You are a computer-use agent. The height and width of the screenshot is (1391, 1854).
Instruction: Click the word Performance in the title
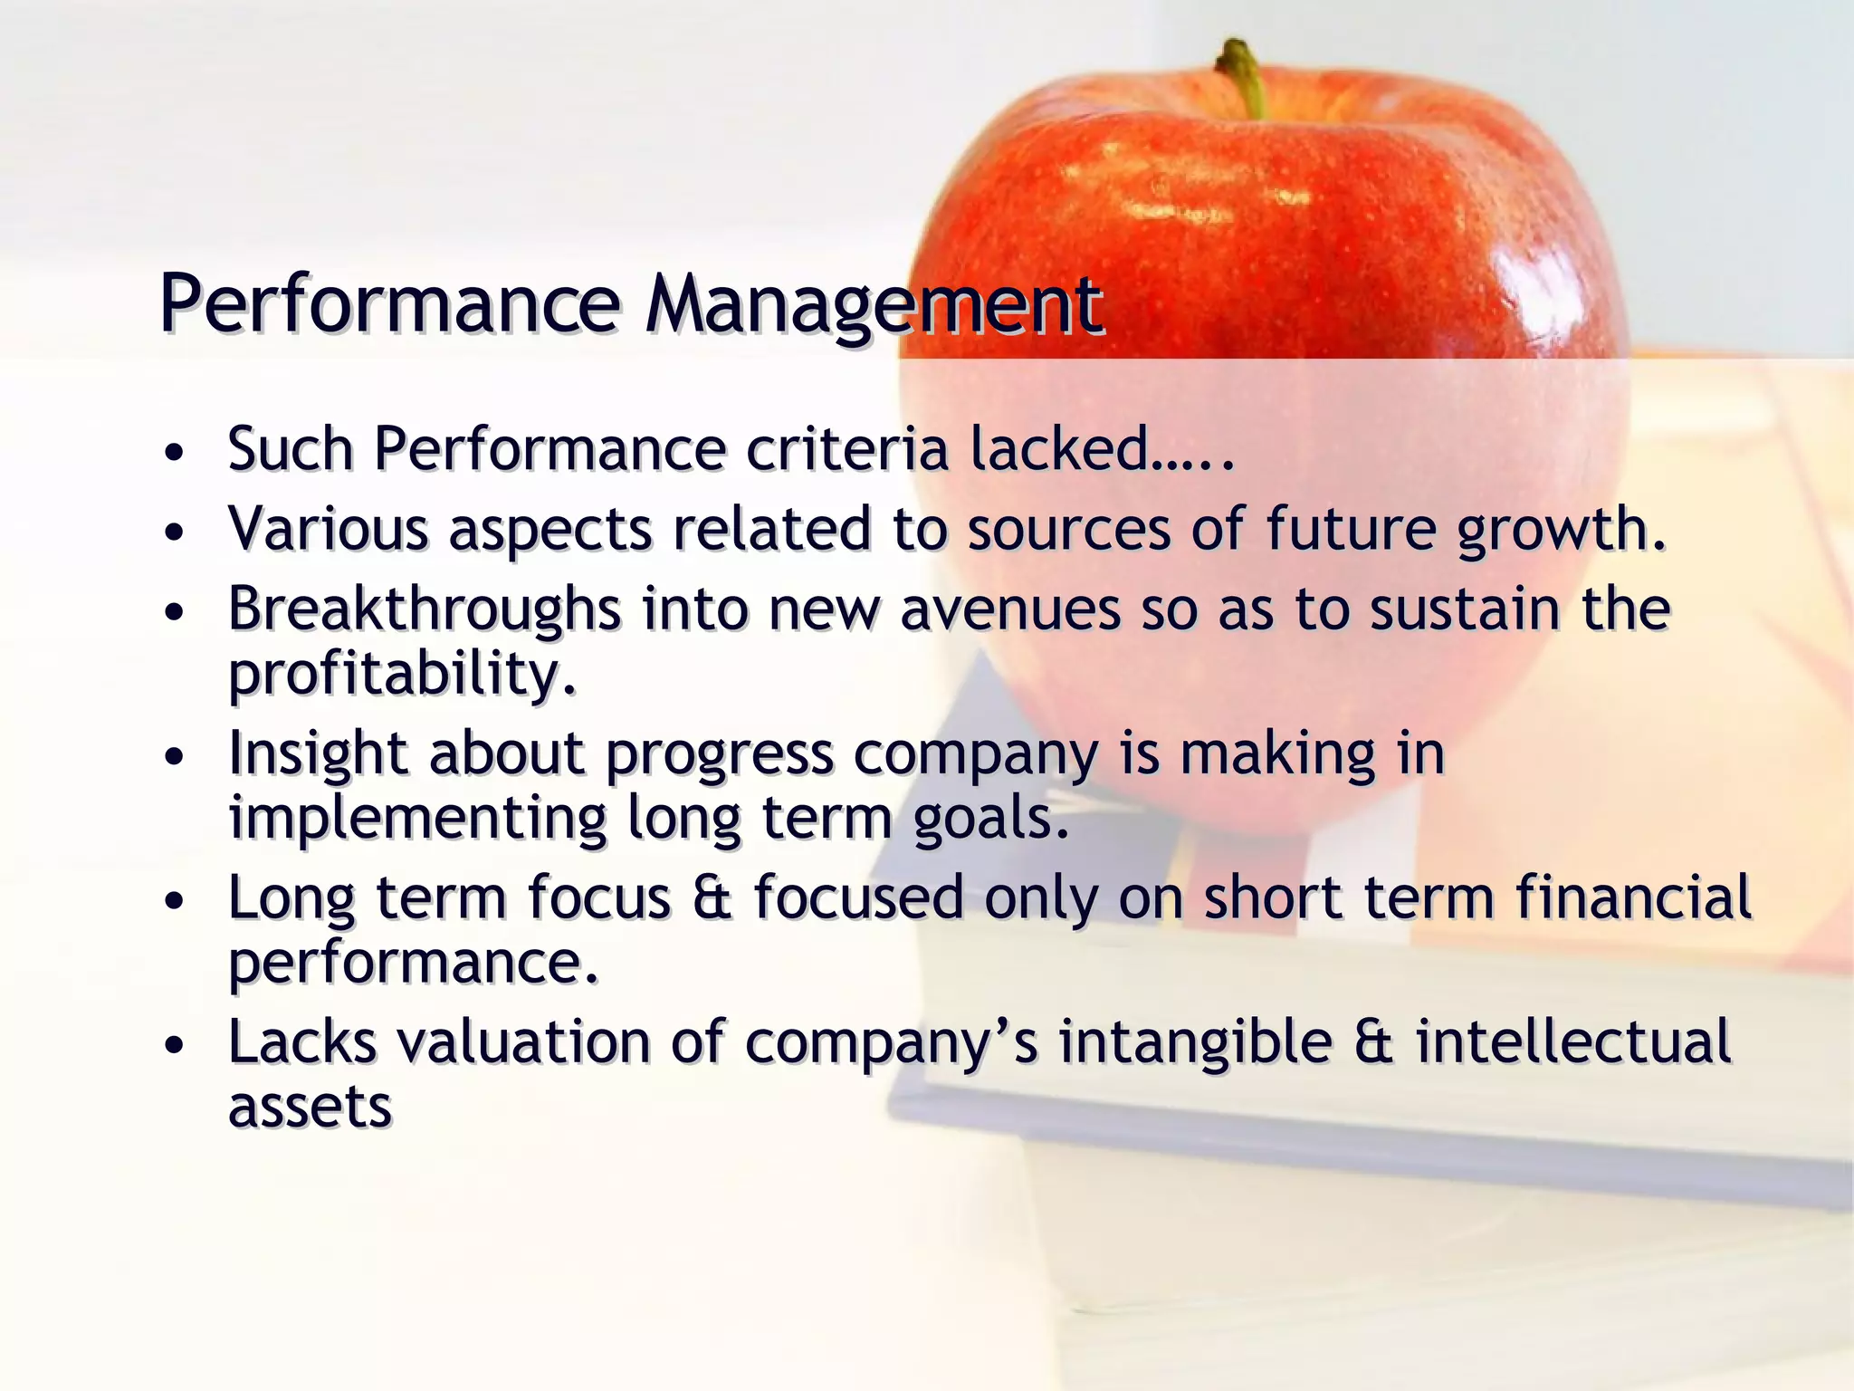389,304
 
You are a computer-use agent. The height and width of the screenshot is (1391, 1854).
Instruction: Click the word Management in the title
874,304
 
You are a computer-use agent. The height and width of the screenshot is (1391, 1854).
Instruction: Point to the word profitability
402,675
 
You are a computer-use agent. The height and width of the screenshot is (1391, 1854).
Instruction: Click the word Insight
317,753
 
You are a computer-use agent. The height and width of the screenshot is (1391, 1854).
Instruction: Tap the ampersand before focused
712,897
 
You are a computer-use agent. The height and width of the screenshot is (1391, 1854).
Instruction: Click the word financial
1634,897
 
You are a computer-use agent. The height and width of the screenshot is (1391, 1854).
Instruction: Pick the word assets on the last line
310,1108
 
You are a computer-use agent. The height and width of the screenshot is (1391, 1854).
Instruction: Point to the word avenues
1009,609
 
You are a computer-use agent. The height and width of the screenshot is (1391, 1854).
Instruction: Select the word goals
991,820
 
